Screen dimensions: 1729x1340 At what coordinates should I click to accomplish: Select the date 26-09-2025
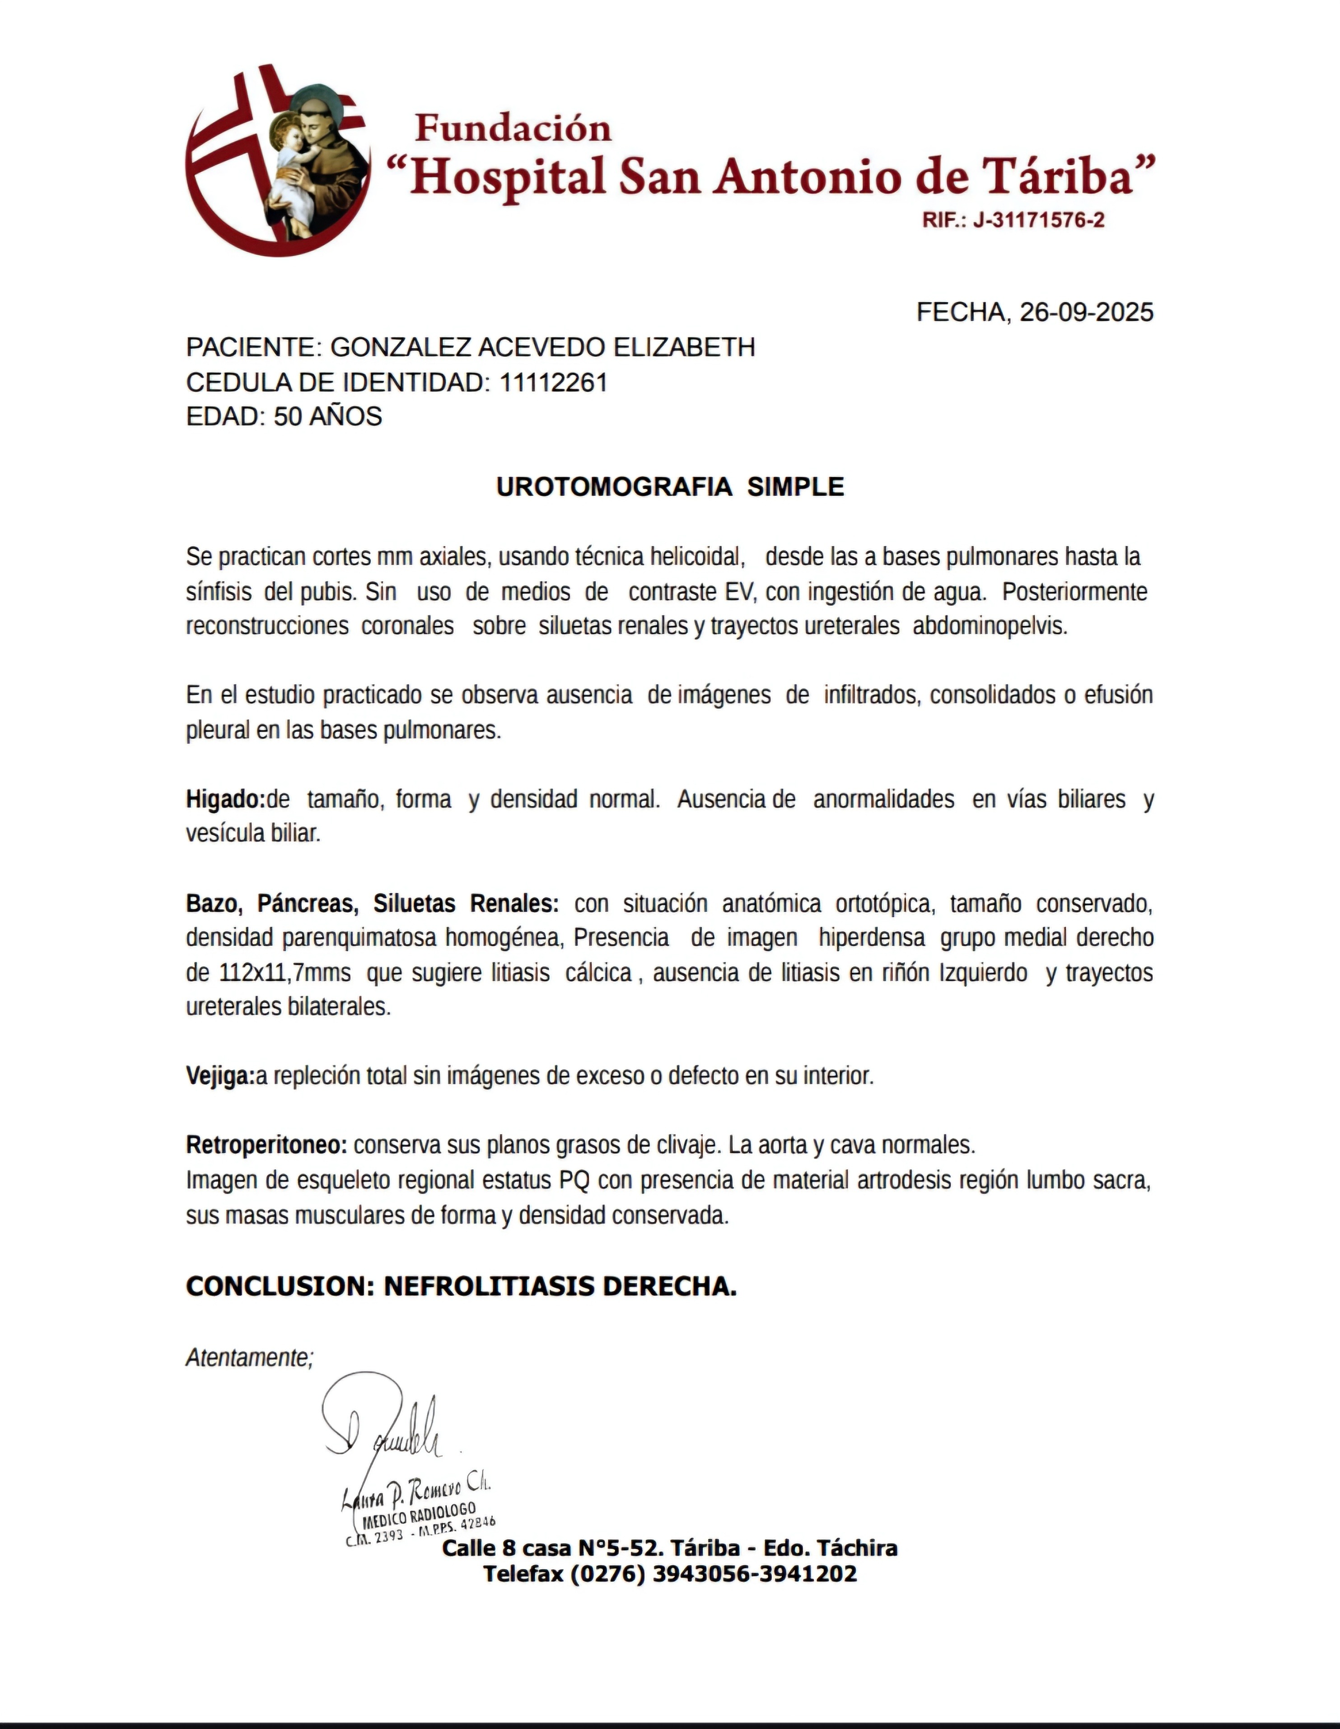1086,313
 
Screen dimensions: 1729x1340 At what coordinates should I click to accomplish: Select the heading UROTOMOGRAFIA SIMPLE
670,487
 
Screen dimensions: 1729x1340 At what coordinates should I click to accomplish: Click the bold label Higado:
225,799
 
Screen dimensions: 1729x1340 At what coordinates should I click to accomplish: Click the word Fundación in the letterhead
513,128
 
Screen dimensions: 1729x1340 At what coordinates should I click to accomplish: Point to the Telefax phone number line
670,1573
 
